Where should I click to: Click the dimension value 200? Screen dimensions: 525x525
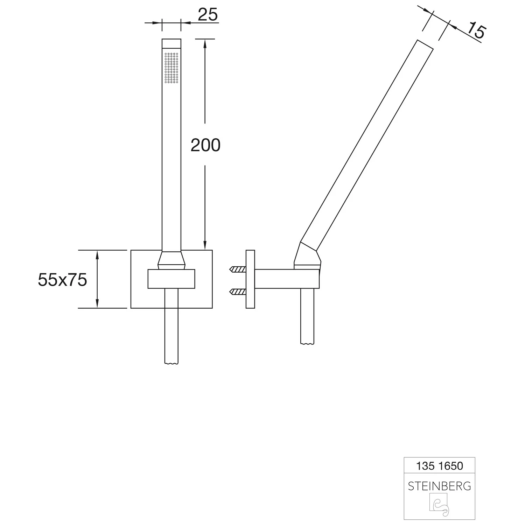(x=205, y=145)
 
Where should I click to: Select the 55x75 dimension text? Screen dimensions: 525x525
(x=62, y=280)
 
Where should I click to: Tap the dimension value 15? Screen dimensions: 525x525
(x=476, y=30)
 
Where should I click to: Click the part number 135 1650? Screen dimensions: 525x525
(x=440, y=466)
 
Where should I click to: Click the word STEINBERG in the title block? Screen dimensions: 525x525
(x=440, y=486)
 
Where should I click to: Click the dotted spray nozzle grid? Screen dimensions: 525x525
(x=171, y=68)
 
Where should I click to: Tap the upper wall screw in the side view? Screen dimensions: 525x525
(x=238, y=269)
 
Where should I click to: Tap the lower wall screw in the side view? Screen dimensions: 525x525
(x=238, y=291)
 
